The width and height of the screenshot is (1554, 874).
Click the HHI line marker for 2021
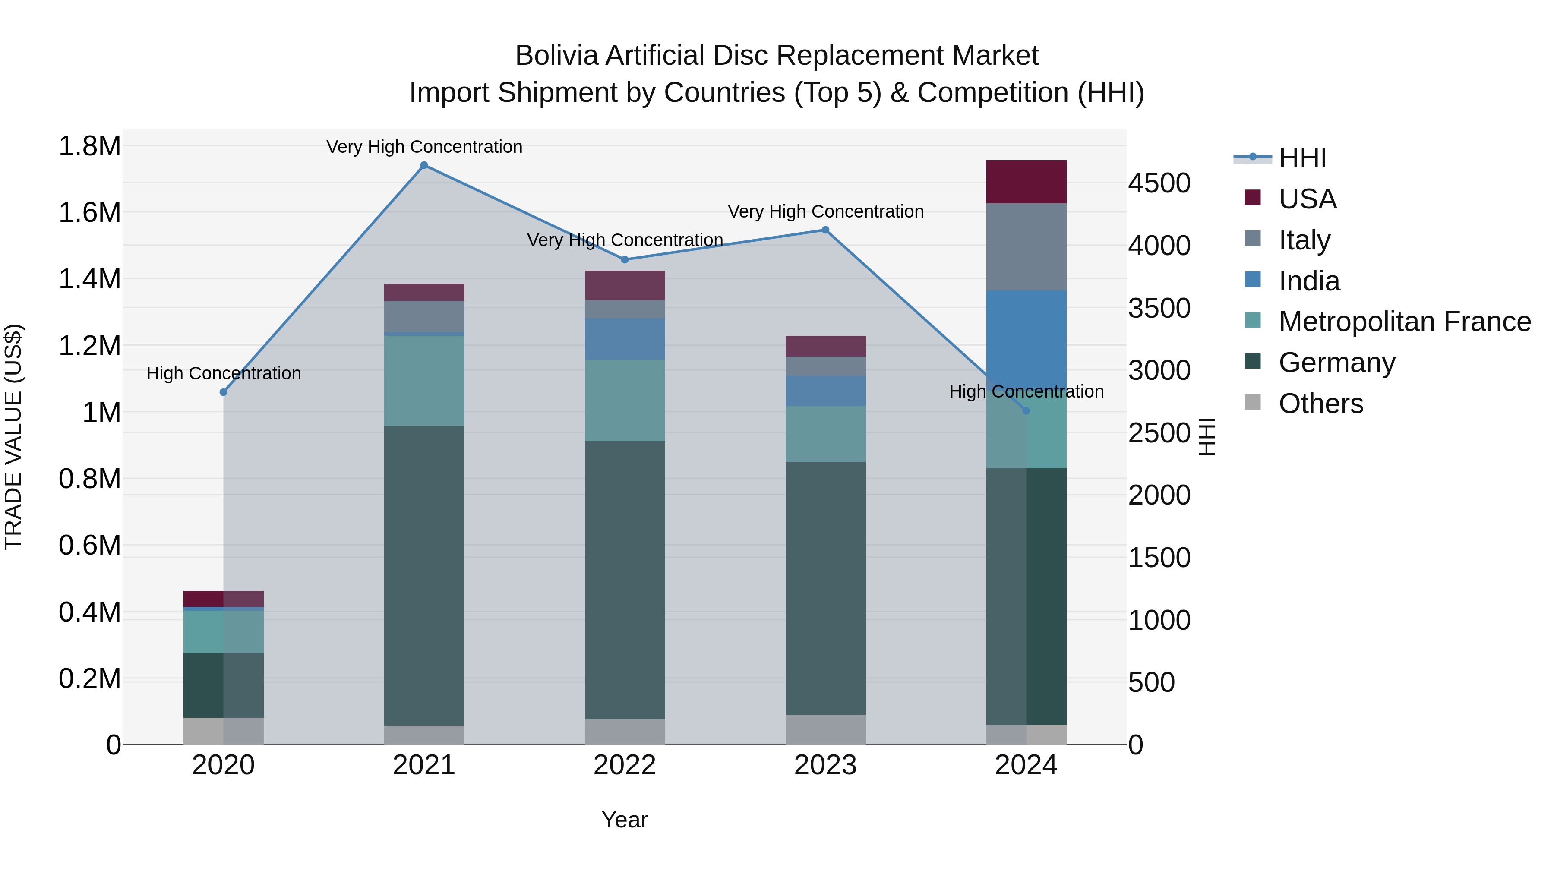pyautogui.click(x=424, y=165)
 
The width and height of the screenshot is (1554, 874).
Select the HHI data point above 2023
pyautogui.click(x=825, y=230)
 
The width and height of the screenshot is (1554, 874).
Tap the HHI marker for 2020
pyautogui.click(x=223, y=392)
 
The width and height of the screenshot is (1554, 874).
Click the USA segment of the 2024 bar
pyautogui.click(x=1026, y=182)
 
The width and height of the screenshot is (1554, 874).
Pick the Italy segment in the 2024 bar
pyautogui.click(x=1026, y=247)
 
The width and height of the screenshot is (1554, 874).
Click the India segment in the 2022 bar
pyautogui.click(x=625, y=338)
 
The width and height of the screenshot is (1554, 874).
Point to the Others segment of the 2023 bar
pyautogui.click(x=825, y=729)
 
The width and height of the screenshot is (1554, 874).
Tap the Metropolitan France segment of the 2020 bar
pyautogui.click(x=223, y=631)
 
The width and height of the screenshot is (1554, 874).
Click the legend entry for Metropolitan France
pyautogui.click(x=1404, y=322)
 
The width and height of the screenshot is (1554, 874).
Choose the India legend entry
pyautogui.click(x=1309, y=281)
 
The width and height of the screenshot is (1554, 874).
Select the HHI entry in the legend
pyautogui.click(x=1302, y=158)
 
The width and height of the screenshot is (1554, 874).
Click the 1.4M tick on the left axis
pyautogui.click(x=89, y=279)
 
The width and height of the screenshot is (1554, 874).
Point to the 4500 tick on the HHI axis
pyautogui.click(x=1159, y=183)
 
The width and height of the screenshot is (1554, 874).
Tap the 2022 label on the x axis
pyautogui.click(x=625, y=765)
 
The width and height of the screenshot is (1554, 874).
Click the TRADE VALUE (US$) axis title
pyautogui.click(x=13, y=437)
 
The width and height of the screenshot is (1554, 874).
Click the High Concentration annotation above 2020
pyautogui.click(x=223, y=373)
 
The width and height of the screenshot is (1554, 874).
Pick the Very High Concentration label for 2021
pyautogui.click(x=424, y=147)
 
